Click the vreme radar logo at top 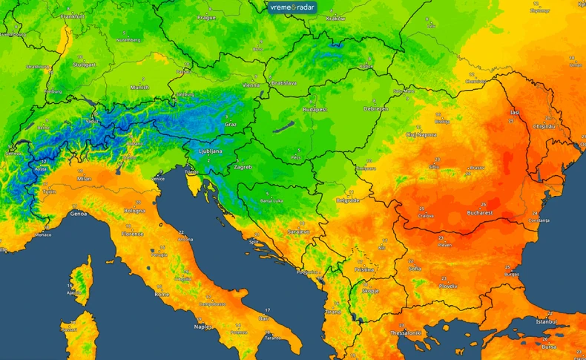[292, 7]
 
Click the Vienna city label [251, 85]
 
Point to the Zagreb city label [243, 167]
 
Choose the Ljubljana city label [211, 150]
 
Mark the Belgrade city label [348, 200]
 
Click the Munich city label [139, 87]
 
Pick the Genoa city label [78, 214]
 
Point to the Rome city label [162, 294]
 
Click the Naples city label [203, 327]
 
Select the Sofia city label [415, 268]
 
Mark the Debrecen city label [375, 108]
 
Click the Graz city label [231, 125]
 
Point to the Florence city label [134, 233]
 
